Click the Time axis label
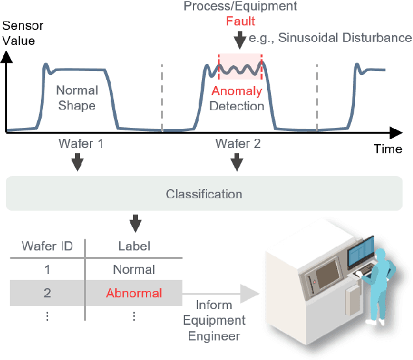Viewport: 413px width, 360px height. [x=388, y=149]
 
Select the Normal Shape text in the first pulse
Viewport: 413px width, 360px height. [x=76, y=97]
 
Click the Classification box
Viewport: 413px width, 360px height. [x=204, y=194]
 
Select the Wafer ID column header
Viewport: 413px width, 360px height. [x=47, y=246]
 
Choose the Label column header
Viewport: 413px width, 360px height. [x=134, y=246]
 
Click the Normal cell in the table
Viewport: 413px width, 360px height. [x=134, y=269]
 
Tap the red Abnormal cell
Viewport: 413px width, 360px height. [x=134, y=293]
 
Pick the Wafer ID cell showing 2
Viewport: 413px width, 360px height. [x=47, y=293]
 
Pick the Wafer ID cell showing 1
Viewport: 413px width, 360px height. [x=47, y=269]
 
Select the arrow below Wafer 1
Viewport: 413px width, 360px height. [x=77, y=162]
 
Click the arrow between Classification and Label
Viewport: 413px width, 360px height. [x=135, y=223]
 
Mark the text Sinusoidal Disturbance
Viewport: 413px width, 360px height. [x=345, y=37]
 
